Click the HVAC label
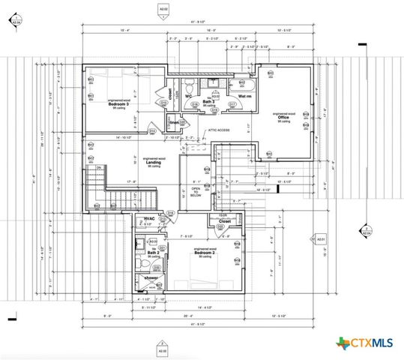click(x=150, y=219)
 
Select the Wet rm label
click(x=244, y=97)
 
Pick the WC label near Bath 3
click(x=190, y=96)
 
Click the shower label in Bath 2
click(x=151, y=277)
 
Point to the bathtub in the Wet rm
click(x=244, y=84)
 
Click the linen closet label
click(x=174, y=121)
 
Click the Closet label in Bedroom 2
click(x=224, y=222)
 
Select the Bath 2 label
click(x=152, y=253)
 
